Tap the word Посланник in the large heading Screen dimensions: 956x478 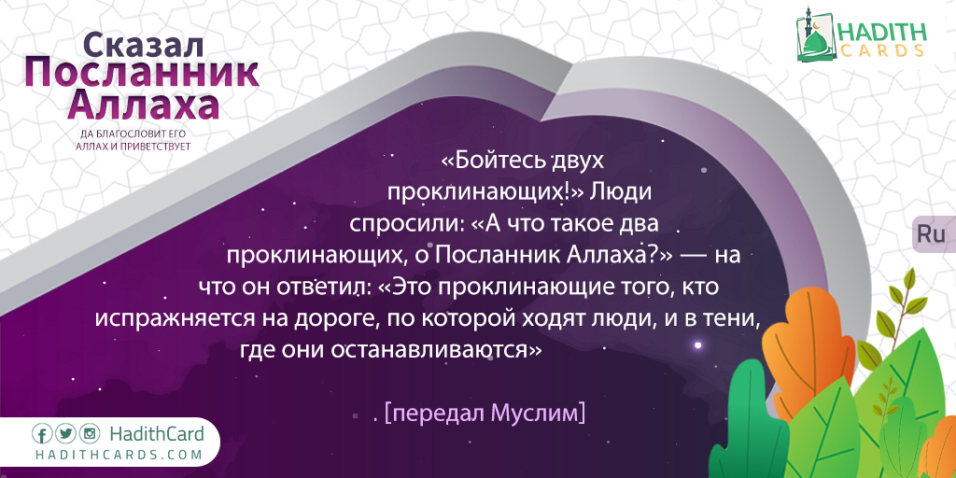pyautogui.click(x=142, y=75)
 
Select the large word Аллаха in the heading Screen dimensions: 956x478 pyautogui.click(x=143, y=105)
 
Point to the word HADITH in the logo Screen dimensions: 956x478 pyautogui.click(x=881, y=32)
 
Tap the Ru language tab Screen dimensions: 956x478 pyautogui.click(x=931, y=234)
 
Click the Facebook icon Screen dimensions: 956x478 pyautogui.click(x=42, y=434)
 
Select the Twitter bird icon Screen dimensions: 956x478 pyautogui.click(x=65, y=434)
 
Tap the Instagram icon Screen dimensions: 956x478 pyautogui.click(x=89, y=434)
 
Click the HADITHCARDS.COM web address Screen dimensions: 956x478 pyautogui.click(x=119, y=455)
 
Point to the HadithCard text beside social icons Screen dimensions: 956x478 pyautogui.click(x=157, y=434)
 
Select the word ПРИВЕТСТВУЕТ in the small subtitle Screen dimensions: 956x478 pyautogui.click(x=160, y=147)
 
